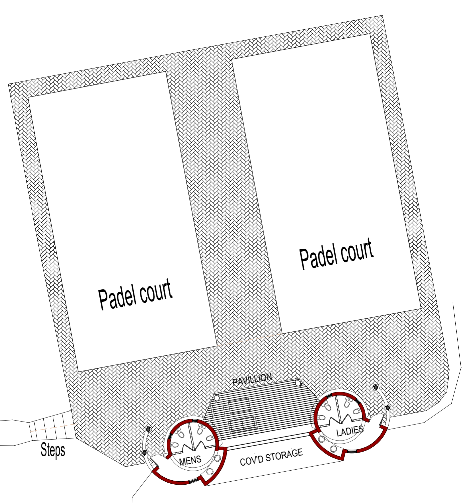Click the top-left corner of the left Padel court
(x=28, y=97)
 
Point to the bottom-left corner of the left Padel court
(x=78, y=371)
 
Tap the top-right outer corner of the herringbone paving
(x=382, y=15)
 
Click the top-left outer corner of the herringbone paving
(x=8, y=84)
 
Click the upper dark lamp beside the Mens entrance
(x=148, y=429)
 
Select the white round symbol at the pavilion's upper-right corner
(x=298, y=383)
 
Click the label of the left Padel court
(x=135, y=295)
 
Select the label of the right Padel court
(x=336, y=254)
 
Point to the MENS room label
(x=190, y=461)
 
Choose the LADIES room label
(x=350, y=431)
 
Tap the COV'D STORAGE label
(x=271, y=457)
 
